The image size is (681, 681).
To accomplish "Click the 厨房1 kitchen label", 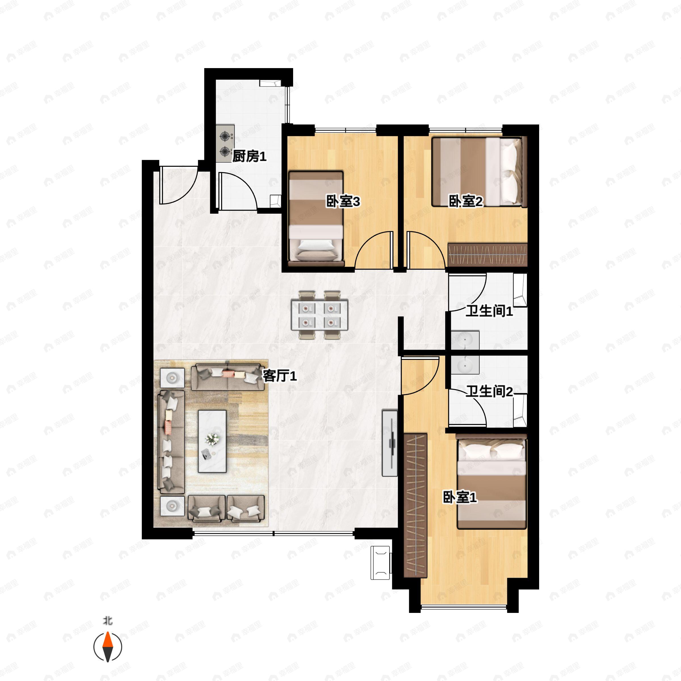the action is pyautogui.click(x=249, y=156).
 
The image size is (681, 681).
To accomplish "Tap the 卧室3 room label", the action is pyautogui.click(x=342, y=202).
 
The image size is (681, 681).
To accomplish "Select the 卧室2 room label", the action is pyautogui.click(x=465, y=202).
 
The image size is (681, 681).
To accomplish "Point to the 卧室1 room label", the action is pyautogui.click(x=460, y=497).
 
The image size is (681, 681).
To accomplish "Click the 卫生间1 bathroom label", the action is pyautogui.click(x=489, y=311).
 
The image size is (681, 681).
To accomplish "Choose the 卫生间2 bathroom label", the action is pyautogui.click(x=489, y=391).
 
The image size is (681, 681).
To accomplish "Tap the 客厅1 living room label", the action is pyautogui.click(x=280, y=376).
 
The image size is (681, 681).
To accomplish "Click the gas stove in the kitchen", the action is pyautogui.click(x=225, y=144).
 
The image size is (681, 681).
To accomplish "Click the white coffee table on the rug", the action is pyautogui.click(x=212, y=441).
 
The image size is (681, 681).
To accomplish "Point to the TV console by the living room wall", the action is pyautogui.click(x=390, y=443).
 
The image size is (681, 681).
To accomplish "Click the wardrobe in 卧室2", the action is pyautogui.click(x=487, y=255).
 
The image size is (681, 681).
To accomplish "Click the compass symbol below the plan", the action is pyautogui.click(x=108, y=647).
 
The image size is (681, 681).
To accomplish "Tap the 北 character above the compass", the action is pyautogui.click(x=108, y=621).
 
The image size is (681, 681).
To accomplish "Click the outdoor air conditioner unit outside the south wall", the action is pyautogui.click(x=380, y=563).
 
